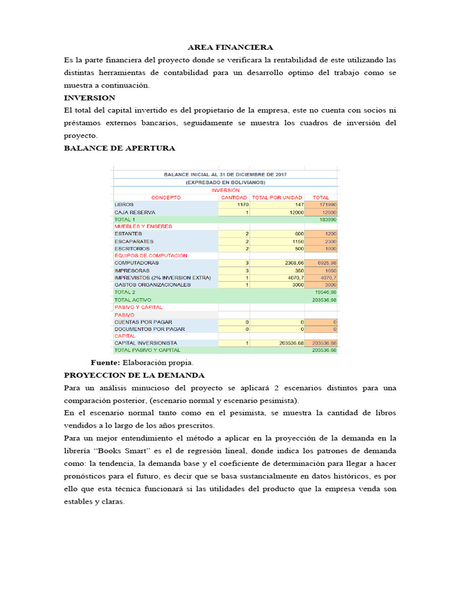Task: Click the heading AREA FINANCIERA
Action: click(230, 47)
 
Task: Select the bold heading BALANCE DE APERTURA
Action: click(119, 148)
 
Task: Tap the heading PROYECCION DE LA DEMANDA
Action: click(134, 375)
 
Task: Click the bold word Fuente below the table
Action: click(105, 363)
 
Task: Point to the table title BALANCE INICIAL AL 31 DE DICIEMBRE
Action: click(225, 174)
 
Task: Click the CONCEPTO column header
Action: click(166, 197)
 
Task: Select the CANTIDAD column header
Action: click(234, 197)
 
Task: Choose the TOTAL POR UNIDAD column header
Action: click(277, 197)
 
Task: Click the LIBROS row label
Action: click(124, 204)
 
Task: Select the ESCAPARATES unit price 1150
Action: click(297, 241)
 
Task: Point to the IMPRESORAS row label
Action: click(132, 270)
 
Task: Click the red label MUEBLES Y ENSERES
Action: click(143, 227)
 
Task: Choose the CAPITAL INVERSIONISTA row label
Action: click(146, 343)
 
